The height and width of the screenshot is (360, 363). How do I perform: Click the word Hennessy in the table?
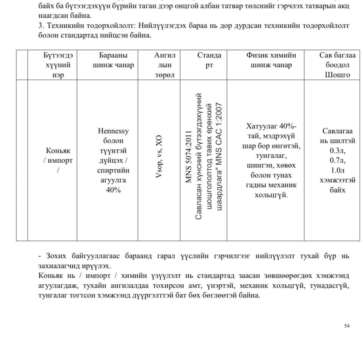coord(113,131)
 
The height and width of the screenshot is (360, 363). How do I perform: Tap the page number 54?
coord(347,326)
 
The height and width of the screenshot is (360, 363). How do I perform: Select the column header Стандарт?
coord(209,60)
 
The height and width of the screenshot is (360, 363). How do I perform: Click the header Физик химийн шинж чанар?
coord(271,60)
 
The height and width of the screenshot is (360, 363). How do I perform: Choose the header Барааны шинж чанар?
coord(113,60)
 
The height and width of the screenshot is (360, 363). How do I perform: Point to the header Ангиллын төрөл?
coord(164,65)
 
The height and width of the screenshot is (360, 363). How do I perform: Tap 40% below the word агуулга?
coord(113,190)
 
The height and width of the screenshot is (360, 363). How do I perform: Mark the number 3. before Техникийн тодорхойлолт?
coord(41,26)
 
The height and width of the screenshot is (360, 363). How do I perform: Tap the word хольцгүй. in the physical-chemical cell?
coord(271,195)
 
